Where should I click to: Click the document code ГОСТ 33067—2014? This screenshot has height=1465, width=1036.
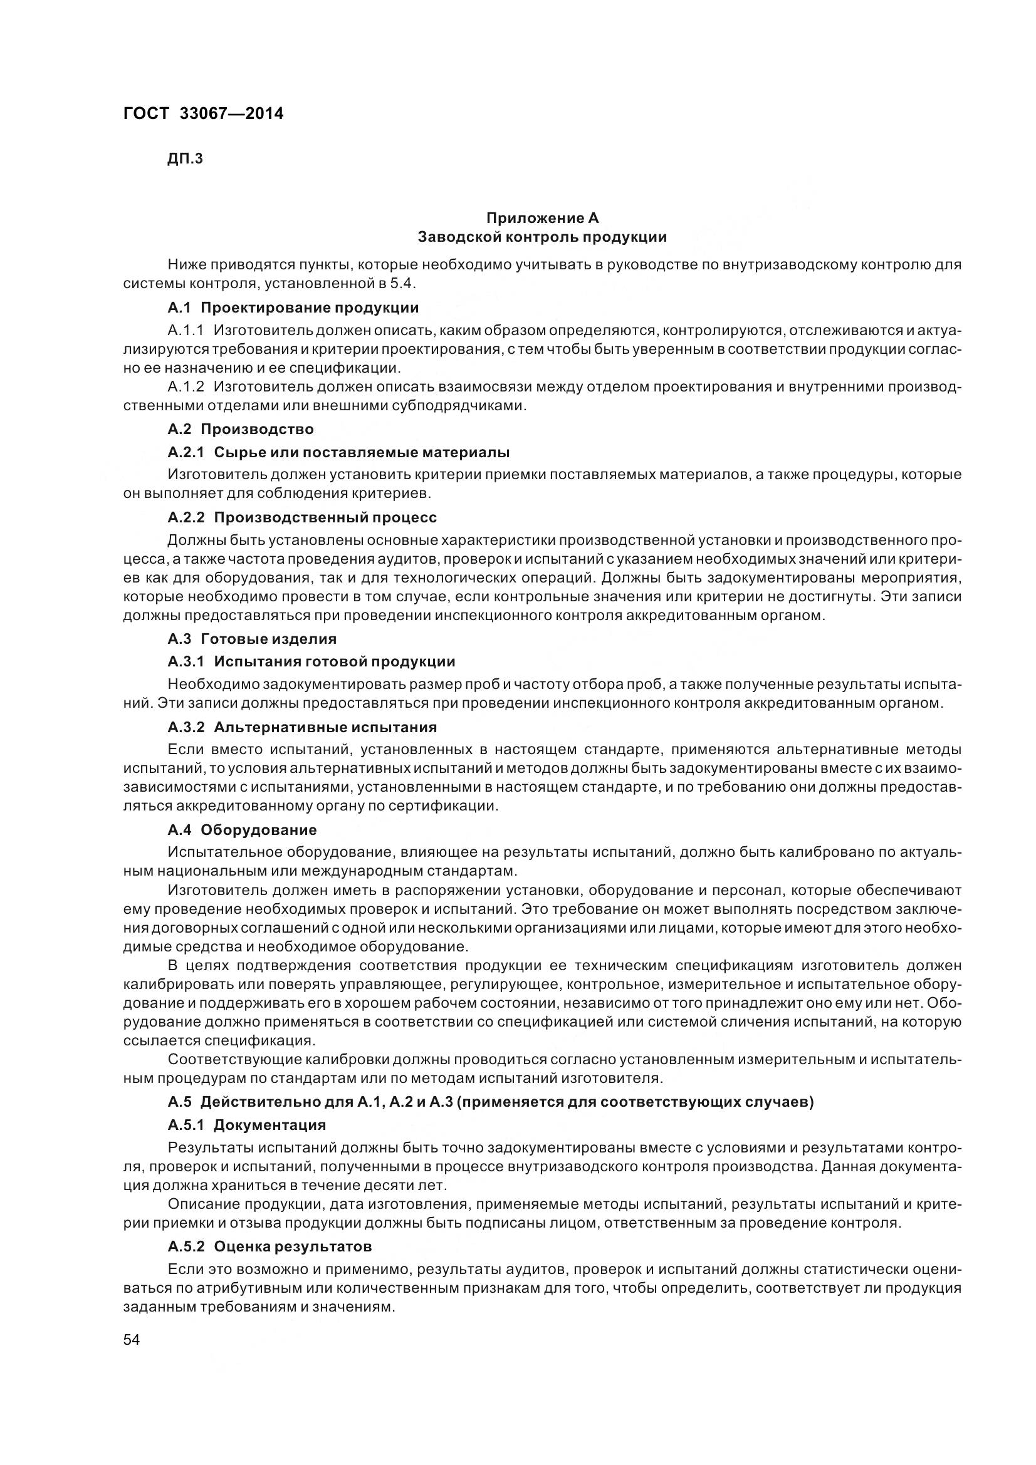coord(203,113)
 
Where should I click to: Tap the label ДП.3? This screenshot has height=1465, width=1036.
coord(185,158)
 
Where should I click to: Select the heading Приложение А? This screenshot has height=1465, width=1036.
coord(542,218)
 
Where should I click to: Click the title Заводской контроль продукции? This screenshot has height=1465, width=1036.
coord(542,237)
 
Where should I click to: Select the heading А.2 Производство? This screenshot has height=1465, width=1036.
coord(241,429)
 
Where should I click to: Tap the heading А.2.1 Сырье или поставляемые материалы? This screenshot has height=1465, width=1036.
coord(338,452)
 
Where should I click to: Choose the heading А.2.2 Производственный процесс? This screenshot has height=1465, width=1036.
coord(302,517)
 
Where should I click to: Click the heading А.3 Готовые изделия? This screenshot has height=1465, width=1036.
coord(252,638)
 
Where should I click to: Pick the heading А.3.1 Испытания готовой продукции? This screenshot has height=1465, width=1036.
coord(311,661)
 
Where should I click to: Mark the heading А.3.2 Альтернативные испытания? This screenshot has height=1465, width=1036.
coord(302,727)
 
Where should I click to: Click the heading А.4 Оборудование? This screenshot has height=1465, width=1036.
coord(242,829)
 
